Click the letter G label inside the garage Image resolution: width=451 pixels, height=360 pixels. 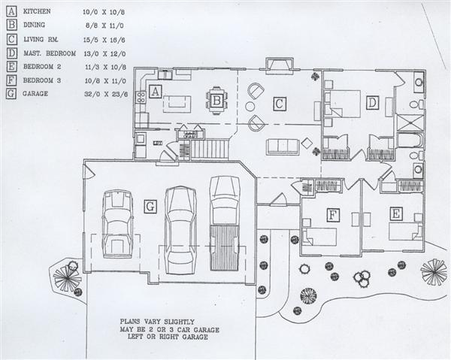150,207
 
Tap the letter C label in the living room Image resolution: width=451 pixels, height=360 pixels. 280,104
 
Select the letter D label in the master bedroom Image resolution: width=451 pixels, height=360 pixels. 373,103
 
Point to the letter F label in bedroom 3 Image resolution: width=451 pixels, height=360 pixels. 333,215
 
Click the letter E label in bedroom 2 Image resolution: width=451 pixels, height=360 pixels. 396,213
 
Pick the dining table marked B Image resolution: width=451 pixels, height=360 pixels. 217,101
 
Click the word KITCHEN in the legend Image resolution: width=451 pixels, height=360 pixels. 37,11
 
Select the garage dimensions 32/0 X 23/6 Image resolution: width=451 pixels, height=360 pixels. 106,94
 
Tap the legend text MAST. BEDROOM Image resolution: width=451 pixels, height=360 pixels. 50,53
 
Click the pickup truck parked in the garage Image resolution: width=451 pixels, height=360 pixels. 224,223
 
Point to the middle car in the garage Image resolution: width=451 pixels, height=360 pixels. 180,230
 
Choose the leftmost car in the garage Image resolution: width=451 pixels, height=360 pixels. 118,223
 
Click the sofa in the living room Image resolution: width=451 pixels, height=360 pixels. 282,147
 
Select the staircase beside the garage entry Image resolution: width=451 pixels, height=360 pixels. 210,149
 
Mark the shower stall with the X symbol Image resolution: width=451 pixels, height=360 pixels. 410,123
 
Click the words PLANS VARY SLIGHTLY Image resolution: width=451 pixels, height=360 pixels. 157,322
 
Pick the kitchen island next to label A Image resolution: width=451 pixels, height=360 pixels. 177,104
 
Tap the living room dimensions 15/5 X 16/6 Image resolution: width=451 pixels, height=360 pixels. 104,40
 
